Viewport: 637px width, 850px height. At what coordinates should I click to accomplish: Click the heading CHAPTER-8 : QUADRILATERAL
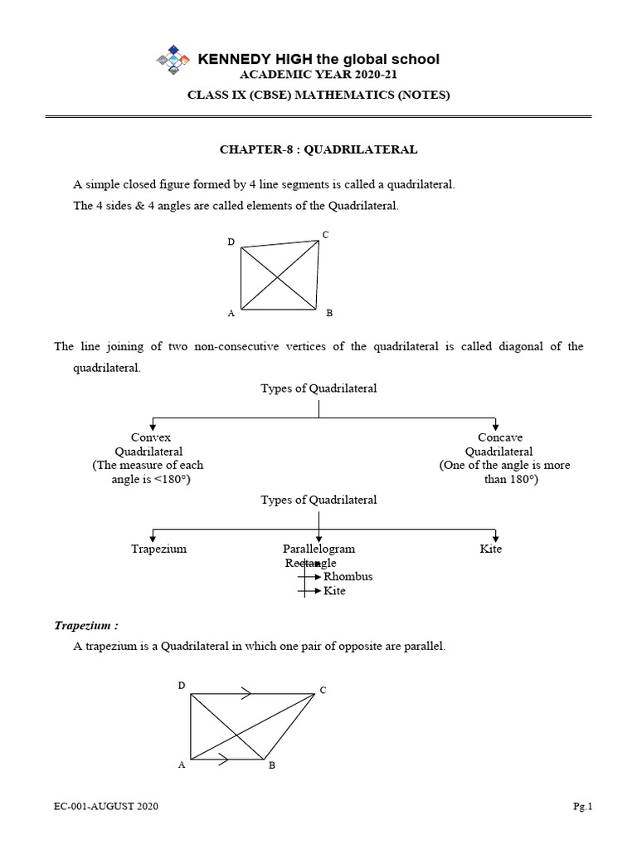[x=318, y=150]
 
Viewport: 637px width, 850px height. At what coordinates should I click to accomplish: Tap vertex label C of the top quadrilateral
[x=326, y=236]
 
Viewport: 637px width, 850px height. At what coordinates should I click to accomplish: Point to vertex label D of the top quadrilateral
[x=231, y=242]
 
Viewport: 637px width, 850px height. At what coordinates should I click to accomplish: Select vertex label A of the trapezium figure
[x=181, y=765]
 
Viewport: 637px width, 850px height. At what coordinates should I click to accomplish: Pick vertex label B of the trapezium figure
[x=271, y=765]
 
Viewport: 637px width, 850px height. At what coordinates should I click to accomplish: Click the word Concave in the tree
[x=500, y=437]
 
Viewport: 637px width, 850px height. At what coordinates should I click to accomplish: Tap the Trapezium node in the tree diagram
[x=158, y=549]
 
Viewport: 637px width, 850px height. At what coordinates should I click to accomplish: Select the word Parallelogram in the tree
[x=318, y=549]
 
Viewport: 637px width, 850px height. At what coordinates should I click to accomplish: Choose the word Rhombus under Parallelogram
[x=348, y=576]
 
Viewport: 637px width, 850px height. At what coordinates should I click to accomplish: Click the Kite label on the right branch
[x=491, y=549]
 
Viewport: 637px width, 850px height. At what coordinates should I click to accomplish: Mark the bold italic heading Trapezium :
[x=86, y=625]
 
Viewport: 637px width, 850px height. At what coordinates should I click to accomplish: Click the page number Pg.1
[x=584, y=806]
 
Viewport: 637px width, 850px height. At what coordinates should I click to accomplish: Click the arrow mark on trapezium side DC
[x=246, y=692]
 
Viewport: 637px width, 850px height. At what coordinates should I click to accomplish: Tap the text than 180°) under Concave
[x=510, y=480]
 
